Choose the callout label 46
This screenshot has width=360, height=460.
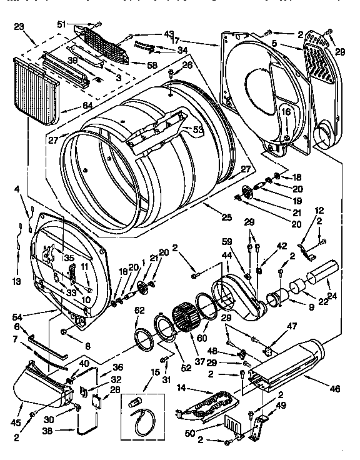coord(334,389)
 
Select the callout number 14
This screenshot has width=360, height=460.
coord(182,387)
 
